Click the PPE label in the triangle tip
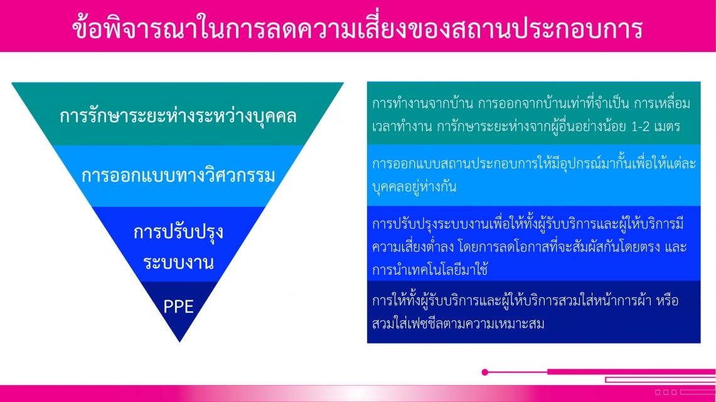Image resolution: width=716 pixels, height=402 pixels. coord(178,307)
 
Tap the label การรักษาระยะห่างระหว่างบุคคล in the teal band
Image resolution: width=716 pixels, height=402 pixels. coord(178,116)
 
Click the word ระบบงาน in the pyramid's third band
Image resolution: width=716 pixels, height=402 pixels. coord(178,263)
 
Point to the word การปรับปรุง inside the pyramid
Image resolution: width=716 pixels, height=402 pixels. coord(178,233)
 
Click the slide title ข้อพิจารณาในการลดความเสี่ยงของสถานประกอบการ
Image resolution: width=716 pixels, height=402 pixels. coord(358,28)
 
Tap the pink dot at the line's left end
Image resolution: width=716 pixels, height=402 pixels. coord(485,373)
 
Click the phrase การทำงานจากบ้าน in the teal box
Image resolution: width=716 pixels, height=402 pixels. coord(422,104)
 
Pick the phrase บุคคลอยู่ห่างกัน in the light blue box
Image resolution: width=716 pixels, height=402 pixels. coord(414,187)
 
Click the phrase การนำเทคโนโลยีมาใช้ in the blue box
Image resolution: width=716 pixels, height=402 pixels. coord(430,270)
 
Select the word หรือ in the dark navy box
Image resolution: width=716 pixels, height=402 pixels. coord(668,301)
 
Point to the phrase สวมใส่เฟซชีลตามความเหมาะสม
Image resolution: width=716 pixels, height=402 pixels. coord(458,324)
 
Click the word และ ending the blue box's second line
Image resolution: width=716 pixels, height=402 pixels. coord(676,247)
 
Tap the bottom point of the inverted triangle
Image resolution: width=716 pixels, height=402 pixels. coord(179,342)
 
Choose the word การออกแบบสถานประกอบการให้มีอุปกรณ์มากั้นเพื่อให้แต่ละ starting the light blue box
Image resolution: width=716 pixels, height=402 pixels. coord(534,164)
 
